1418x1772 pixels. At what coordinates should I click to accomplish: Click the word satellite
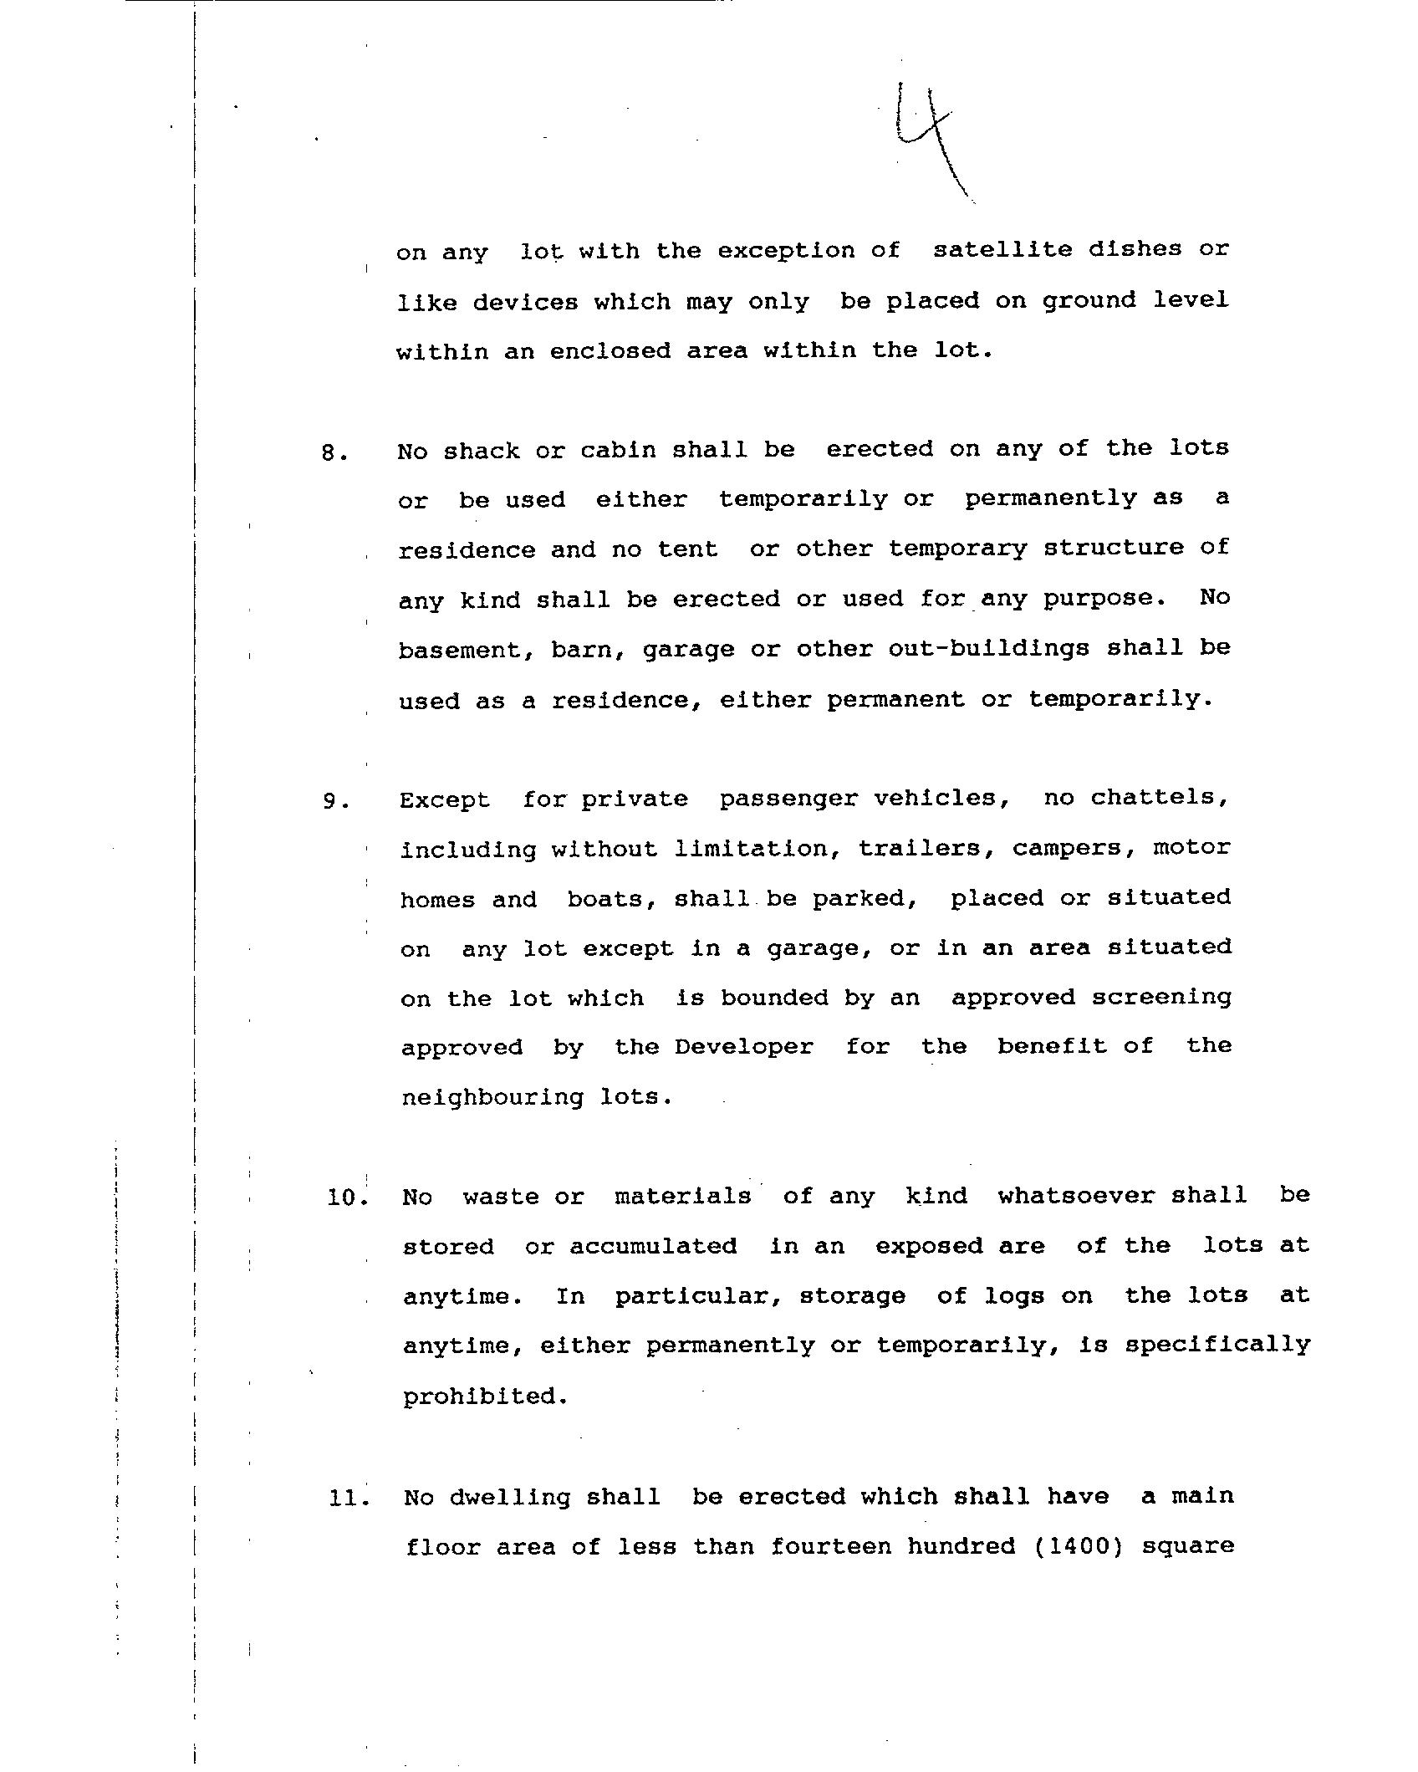(x=1002, y=249)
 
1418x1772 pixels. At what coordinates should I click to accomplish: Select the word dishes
(x=1134, y=249)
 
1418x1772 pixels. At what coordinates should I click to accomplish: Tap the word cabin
(x=618, y=450)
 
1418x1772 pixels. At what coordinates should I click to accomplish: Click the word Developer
(x=743, y=1047)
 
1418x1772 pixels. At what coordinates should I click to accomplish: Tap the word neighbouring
(x=492, y=1098)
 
